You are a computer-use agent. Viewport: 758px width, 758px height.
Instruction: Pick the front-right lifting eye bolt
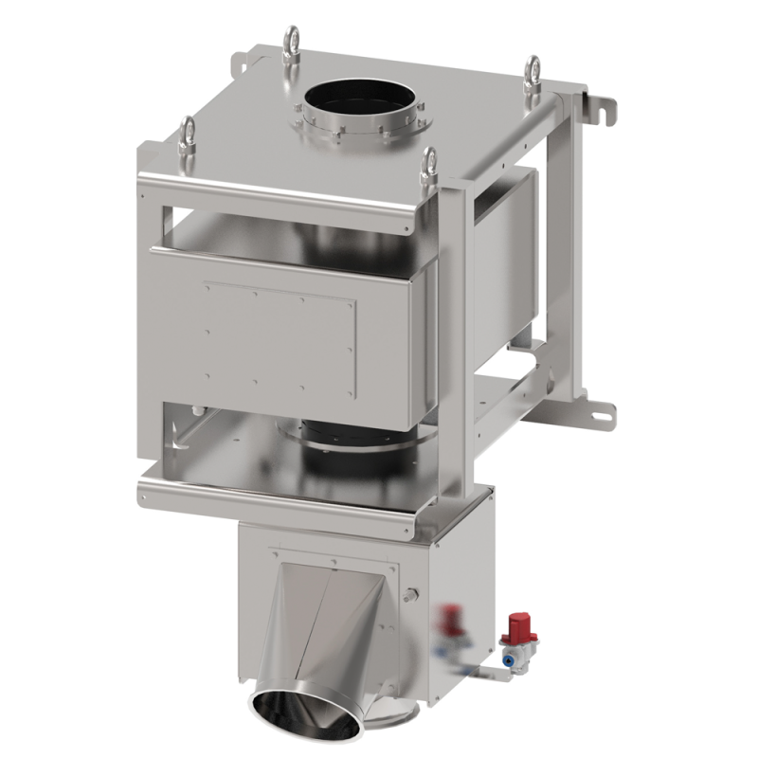pyautogui.click(x=431, y=164)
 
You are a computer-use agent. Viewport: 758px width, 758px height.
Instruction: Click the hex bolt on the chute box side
pyautogui.click(x=413, y=595)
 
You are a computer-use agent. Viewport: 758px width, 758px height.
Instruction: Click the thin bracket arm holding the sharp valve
pyautogui.click(x=485, y=671)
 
